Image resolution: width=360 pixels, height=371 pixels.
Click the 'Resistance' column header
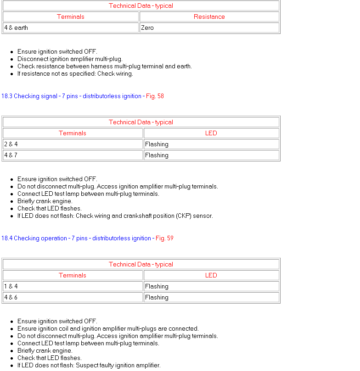[209, 17]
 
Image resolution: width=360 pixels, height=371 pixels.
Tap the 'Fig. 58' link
[155, 96]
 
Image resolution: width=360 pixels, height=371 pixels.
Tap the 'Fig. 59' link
[164, 238]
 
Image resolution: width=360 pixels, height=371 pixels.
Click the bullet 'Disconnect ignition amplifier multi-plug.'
[70, 59]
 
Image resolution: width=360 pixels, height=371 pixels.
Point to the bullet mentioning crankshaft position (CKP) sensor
[115, 216]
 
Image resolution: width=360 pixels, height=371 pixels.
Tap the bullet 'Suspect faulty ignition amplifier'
[89, 365]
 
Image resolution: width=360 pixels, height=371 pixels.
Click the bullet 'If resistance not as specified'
[75, 74]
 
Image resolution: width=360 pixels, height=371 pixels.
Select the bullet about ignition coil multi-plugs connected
[108, 329]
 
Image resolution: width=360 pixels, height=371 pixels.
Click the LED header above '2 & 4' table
[211, 133]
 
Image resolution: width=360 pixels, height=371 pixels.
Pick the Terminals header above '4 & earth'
[71, 17]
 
